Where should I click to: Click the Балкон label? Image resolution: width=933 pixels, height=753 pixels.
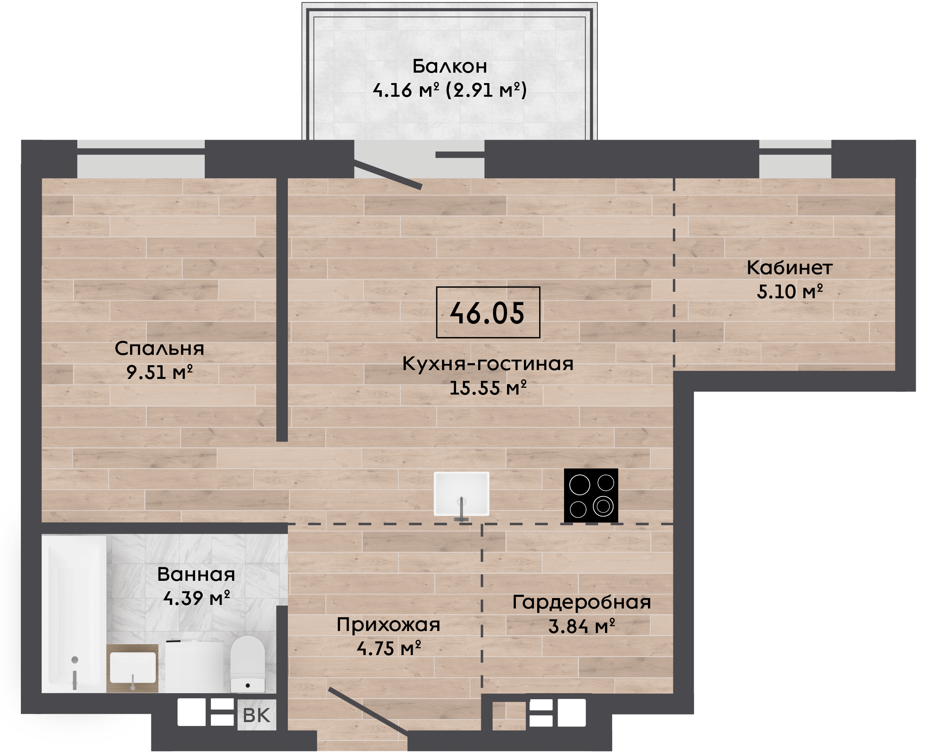coord(450,66)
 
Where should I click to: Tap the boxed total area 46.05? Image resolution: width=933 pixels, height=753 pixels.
coord(488,313)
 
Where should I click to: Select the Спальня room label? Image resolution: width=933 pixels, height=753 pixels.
coord(159,348)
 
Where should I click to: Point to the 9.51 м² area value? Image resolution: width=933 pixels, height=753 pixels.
coord(159,372)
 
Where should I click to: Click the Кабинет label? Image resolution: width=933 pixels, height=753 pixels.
coord(789,268)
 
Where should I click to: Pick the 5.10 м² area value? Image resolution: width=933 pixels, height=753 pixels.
coord(789,291)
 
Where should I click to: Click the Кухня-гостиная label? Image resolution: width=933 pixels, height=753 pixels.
coord(488,364)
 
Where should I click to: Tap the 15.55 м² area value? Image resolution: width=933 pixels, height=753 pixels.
coord(488,387)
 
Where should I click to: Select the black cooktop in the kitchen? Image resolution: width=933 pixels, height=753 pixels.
coord(591,495)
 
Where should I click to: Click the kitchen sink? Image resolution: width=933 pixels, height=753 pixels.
coord(462,494)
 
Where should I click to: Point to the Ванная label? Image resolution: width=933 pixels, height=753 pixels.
coord(196,574)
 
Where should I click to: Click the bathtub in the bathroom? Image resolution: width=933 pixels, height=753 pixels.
coord(74,614)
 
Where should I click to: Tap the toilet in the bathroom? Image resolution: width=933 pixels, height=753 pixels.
coord(248,664)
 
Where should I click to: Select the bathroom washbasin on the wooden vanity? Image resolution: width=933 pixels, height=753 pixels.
coord(133,668)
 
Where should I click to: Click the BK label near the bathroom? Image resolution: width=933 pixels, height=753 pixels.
coord(257,715)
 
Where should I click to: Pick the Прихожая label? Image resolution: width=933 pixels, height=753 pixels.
coord(388,625)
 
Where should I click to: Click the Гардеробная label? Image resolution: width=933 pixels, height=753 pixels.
coord(582,602)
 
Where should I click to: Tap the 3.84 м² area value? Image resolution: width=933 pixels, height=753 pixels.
coord(582,626)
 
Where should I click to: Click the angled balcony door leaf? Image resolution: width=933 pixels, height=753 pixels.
coord(388,175)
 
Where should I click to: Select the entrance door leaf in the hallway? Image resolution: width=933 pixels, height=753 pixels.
coord(368,711)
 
